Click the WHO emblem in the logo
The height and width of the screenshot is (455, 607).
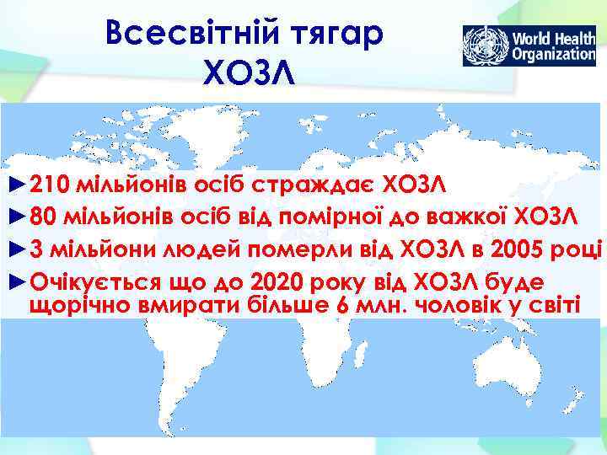pos(486,46)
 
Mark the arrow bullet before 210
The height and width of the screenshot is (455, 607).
pos(15,184)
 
